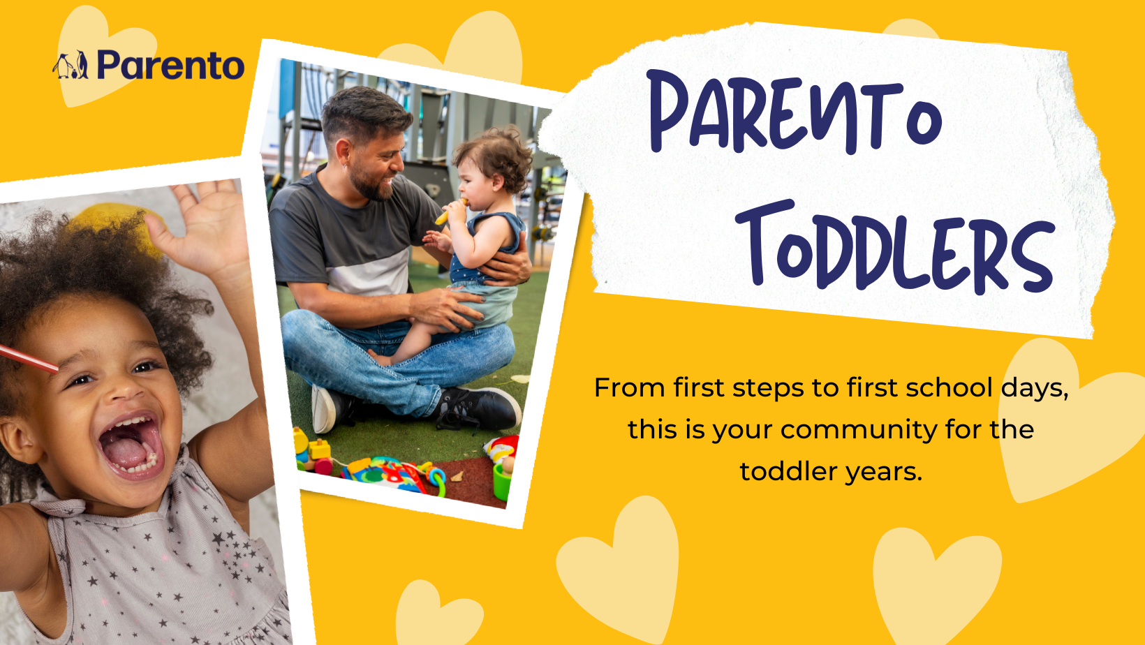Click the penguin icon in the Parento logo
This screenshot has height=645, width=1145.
71,66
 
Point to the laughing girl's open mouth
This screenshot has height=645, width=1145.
131,445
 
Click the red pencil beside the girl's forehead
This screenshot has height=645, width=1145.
28,358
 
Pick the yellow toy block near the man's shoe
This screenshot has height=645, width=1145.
320,448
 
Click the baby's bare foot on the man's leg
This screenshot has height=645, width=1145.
381,357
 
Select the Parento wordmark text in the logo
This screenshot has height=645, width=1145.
170,66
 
